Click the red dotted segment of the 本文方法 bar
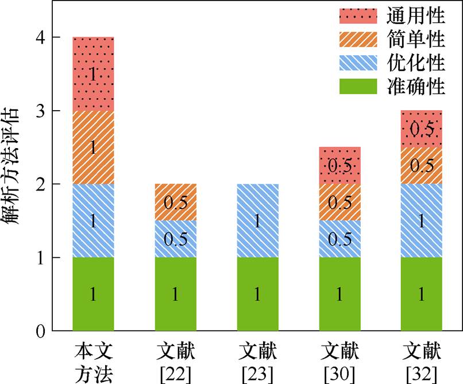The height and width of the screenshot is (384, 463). tap(93, 73)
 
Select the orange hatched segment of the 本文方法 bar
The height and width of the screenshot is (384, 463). tap(93, 148)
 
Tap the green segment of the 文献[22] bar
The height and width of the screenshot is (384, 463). tap(175, 294)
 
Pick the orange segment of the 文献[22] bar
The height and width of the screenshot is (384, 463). tap(175, 202)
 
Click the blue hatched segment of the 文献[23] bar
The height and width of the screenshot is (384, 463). tap(257, 221)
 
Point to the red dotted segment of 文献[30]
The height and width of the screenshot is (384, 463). tap(339, 165)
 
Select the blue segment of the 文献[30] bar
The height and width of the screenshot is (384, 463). tap(339, 239)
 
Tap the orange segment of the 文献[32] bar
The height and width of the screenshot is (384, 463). tap(422, 165)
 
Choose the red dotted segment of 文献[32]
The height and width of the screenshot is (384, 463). tap(422, 129)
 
